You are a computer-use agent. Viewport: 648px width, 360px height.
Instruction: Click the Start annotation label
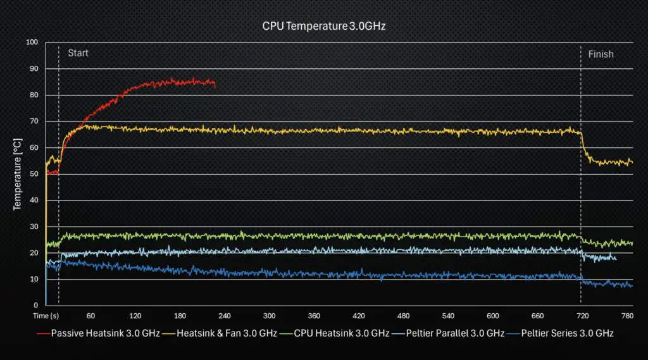click(78, 53)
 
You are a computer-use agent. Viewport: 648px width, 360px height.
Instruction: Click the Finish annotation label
click(601, 54)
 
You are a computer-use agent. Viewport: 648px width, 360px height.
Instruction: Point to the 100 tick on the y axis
click(32, 42)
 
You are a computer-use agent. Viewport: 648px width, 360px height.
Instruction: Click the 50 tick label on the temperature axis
click(34, 174)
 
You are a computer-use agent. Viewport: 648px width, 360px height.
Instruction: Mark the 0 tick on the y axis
click(36, 306)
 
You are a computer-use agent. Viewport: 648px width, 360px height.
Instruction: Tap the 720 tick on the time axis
click(582, 316)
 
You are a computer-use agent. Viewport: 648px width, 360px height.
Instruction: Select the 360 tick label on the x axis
click(314, 316)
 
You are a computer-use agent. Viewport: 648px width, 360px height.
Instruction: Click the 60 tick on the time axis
click(90, 316)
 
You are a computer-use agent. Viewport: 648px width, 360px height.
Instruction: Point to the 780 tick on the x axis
click(626, 316)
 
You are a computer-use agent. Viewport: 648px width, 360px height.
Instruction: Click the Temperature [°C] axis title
click(18, 175)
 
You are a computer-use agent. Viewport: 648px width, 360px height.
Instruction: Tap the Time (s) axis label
click(46, 316)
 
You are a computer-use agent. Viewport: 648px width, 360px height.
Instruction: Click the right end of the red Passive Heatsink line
click(215, 85)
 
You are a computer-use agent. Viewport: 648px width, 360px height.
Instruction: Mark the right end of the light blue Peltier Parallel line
click(615, 258)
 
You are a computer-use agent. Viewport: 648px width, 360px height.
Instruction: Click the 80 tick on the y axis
click(34, 95)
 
